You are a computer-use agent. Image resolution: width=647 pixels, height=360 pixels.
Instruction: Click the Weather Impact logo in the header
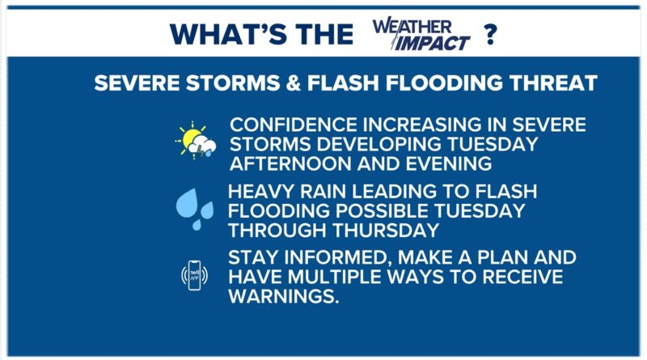[421, 34]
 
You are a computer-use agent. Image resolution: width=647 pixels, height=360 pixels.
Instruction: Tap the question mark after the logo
[490, 34]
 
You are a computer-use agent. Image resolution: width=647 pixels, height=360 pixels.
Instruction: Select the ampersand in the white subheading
[294, 83]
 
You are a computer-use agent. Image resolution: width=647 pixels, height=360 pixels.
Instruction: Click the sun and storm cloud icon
[196, 141]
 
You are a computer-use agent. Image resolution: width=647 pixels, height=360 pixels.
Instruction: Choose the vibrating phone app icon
[194, 275]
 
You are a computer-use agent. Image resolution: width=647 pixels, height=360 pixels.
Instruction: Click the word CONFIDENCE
[294, 125]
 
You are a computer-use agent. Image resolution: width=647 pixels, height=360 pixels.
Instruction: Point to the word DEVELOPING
[379, 144]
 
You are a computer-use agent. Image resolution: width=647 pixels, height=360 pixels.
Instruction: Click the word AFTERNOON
[290, 164]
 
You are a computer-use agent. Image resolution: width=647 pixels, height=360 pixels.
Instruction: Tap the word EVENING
[449, 164]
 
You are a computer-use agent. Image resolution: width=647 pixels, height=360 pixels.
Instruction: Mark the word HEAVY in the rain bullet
[260, 192]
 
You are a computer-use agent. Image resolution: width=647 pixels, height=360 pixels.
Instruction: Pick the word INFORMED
[338, 257]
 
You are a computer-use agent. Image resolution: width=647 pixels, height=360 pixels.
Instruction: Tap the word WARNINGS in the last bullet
[284, 296]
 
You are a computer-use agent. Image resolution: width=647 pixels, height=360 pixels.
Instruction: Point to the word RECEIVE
[522, 277]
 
